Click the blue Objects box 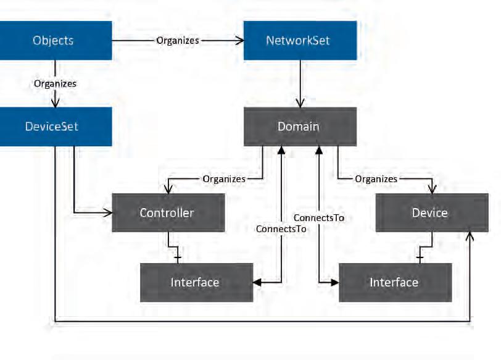(56, 41)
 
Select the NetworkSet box (300, 41)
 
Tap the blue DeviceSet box (56, 127)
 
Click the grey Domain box (300, 127)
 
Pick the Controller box (168, 212)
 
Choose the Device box (432, 212)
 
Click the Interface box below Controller (196, 283)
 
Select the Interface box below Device (395, 283)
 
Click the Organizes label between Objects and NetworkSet (178, 41)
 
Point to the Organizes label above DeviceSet (55, 83)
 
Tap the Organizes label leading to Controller (224, 178)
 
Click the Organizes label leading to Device (376, 178)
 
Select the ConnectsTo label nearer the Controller (281, 229)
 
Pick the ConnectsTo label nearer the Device (319, 218)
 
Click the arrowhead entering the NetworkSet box (239, 41)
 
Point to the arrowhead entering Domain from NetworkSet (300, 103)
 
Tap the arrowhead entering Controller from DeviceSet (108, 212)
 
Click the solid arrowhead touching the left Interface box (257, 282)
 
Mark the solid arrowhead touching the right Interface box (335, 282)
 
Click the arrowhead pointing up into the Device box (470, 237)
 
